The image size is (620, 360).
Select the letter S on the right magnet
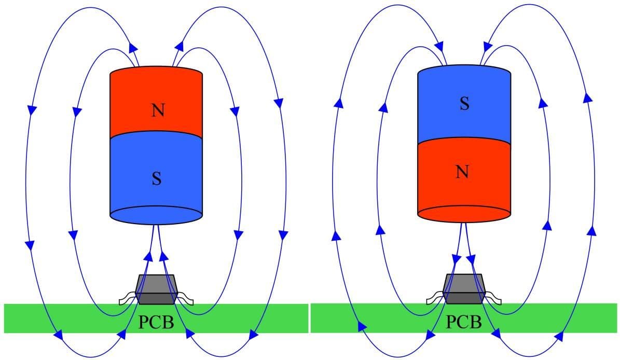(x=464, y=104)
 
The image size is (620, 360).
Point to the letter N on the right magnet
(x=463, y=171)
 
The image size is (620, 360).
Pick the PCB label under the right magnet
(x=464, y=322)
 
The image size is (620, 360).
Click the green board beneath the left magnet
(x=52, y=317)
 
